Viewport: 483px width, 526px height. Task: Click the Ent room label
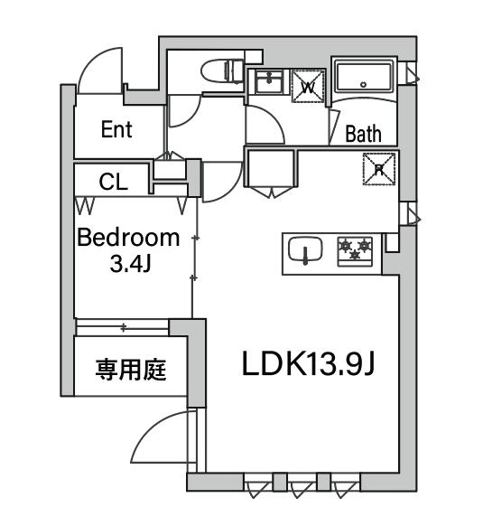[x=116, y=129]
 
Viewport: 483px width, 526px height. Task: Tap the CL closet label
[x=113, y=183]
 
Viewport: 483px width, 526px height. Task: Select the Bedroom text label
[x=128, y=238]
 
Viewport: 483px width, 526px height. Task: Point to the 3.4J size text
[x=130, y=264]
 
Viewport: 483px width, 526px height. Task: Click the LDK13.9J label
[x=307, y=363]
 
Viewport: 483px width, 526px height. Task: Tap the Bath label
[x=363, y=134]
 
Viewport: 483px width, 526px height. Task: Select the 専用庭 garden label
[x=131, y=370]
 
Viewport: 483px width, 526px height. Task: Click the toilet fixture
[x=223, y=71]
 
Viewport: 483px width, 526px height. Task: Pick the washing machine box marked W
[x=308, y=86]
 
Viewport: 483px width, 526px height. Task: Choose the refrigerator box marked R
[x=379, y=169]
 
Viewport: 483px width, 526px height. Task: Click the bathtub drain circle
[x=363, y=85]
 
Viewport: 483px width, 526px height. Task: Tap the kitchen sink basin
[x=305, y=249]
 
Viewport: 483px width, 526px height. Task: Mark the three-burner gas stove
[x=355, y=251]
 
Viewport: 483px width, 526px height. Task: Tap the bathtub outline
[x=364, y=77]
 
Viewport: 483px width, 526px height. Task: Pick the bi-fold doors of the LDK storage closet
[x=271, y=192]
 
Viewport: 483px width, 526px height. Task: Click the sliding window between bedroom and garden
[x=123, y=327]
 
